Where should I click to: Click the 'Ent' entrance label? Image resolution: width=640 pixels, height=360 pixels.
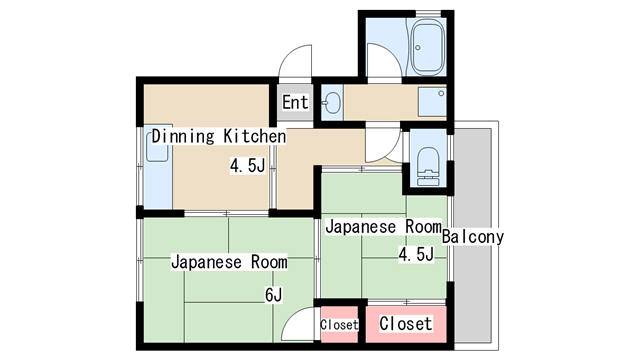click(296, 102)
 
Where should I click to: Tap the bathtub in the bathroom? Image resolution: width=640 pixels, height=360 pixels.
click(427, 47)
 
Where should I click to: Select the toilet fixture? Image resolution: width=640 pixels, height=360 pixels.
click(427, 167)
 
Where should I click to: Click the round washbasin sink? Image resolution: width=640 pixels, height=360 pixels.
click(333, 102)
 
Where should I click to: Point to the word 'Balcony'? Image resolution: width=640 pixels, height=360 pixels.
click(473, 237)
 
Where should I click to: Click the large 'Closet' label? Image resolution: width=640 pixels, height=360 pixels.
click(405, 324)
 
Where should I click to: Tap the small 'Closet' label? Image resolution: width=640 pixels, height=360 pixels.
click(339, 325)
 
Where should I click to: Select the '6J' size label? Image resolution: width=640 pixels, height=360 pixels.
click(273, 294)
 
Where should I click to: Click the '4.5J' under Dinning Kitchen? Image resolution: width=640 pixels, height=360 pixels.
click(247, 166)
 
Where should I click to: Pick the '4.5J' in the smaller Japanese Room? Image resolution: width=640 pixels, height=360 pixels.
click(416, 254)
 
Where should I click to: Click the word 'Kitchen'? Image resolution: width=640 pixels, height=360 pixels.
click(254, 136)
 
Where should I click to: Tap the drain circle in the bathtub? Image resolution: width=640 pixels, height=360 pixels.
click(418, 48)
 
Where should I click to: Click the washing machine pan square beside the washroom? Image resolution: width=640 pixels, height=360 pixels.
click(432, 102)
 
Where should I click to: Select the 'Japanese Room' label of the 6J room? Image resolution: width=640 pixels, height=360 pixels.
click(229, 262)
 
